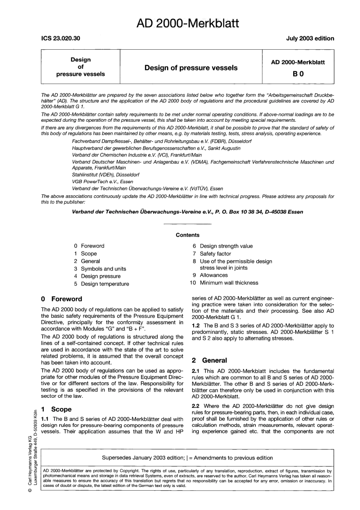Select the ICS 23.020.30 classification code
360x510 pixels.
click(x=61, y=38)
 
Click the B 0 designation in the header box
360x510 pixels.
click(x=298, y=74)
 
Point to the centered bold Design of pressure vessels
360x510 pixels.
click(x=191, y=68)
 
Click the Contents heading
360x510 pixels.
click(x=187, y=235)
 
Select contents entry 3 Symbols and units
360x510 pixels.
click(x=100, y=269)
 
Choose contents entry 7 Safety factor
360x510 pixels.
click(x=211, y=254)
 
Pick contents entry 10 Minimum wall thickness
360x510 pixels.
click(x=224, y=283)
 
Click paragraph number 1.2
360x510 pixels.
click(x=196, y=326)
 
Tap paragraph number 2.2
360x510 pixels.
click(x=196, y=406)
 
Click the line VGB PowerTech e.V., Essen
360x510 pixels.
click(x=97, y=182)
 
